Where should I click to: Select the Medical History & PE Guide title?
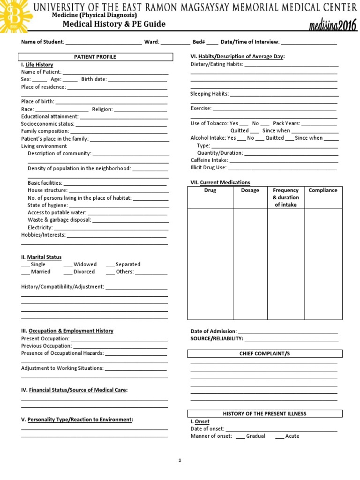click(x=114, y=24)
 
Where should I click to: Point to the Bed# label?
click(x=198, y=42)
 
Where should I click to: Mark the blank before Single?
click(x=25, y=264)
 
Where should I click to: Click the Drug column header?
click(x=210, y=190)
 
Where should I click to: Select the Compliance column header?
click(x=322, y=190)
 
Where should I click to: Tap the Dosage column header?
click(x=250, y=190)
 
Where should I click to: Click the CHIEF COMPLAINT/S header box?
click(x=265, y=353)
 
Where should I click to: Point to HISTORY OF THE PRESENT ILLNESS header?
click(x=265, y=413)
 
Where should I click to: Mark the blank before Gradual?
click(x=240, y=436)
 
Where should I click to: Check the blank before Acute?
click(x=279, y=436)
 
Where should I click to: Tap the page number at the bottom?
click(x=180, y=461)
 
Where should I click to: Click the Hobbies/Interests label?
click(x=43, y=234)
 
